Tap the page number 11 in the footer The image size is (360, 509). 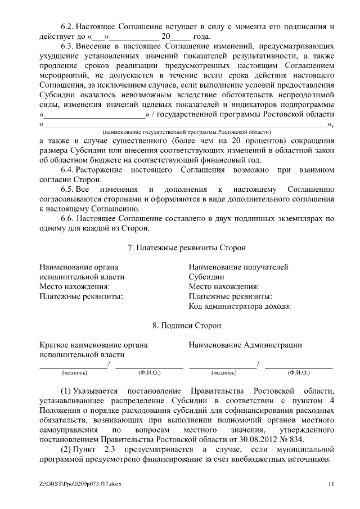331,484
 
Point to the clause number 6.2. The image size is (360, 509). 67,26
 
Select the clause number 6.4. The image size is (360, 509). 67,169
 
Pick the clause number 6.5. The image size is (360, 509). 67,190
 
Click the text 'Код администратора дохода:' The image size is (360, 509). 240,307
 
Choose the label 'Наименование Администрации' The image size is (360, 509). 245,345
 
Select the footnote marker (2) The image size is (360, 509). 66,450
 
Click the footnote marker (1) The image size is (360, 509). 66,390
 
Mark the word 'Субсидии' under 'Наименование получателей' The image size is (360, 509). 206,277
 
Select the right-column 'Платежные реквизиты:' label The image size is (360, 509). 231,296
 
